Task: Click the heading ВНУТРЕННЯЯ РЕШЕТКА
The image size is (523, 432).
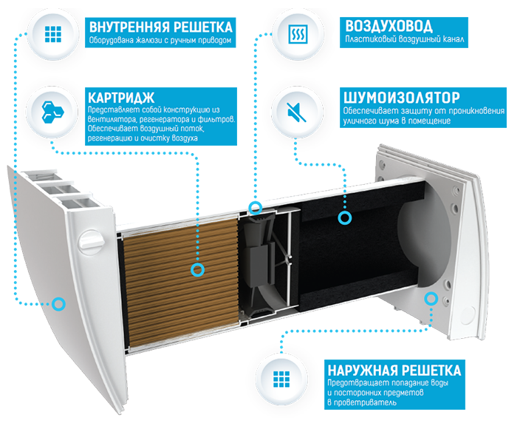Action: click(x=161, y=27)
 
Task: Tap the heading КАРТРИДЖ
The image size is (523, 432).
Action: click(x=121, y=98)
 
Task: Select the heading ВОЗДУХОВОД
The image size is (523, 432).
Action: click(x=389, y=26)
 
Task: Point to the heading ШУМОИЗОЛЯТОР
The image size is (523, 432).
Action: click(x=402, y=98)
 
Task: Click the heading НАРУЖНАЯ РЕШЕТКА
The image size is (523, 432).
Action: click(x=394, y=371)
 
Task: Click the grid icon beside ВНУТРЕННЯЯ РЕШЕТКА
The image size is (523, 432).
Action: click(x=53, y=35)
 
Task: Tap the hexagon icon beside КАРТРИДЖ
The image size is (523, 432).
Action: click(x=52, y=111)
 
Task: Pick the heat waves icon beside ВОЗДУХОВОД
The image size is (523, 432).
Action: click(x=298, y=34)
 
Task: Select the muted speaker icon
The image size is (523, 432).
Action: click(x=296, y=112)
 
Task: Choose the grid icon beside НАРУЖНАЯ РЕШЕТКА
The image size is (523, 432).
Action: click(x=281, y=379)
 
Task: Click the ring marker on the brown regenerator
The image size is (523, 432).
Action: click(x=197, y=269)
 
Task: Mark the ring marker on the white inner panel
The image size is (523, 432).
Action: click(x=58, y=304)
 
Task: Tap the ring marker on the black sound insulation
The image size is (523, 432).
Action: click(x=344, y=217)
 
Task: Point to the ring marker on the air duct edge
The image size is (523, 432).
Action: click(x=255, y=207)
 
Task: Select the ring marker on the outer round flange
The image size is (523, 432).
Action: click(x=431, y=298)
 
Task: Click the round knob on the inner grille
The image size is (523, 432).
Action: click(x=91, y=241)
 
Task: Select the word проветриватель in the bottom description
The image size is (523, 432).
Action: click(x=365, y=402)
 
